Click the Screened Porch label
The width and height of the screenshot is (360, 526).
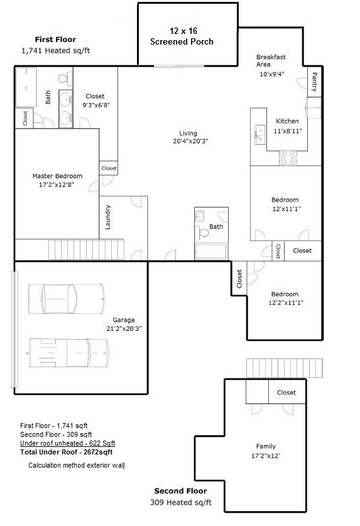click(x=182, y=41)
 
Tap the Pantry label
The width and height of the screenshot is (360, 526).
click(x=314, y=82)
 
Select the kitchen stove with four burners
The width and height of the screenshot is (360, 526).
click(x=288, y=158)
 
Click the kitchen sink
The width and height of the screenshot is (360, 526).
click(x=259, y=134)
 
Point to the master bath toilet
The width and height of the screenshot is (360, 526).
click(x=63, y=78)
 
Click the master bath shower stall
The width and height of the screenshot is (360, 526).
click(x=26, y=87)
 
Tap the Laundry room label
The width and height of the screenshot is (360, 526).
click(x=108, y=217)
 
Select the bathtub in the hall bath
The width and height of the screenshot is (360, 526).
click(x=211, y=251)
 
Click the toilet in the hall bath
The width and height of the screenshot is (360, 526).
click(x=202, y=232)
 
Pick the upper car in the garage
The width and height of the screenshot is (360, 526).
click(x=67, y=299)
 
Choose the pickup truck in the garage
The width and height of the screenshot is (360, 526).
click(x=69, y=353)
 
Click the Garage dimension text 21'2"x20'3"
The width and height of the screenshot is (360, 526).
click(x=124, y=328)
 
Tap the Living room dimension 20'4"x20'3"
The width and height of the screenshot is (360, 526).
click(x=190, y=141)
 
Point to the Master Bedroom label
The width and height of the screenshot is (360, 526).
click(x=57, y=176)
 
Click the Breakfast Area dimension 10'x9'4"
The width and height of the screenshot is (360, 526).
click(x=272, y=74)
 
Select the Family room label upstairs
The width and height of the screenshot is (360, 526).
click(x=266, y=446)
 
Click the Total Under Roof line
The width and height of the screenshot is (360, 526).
click(x=67, y=452)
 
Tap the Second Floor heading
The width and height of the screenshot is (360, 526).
click(x=180, y=491)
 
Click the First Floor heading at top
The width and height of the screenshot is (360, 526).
click(x=55, y=40)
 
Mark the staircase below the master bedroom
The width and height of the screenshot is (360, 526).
click(x=86, y=249)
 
